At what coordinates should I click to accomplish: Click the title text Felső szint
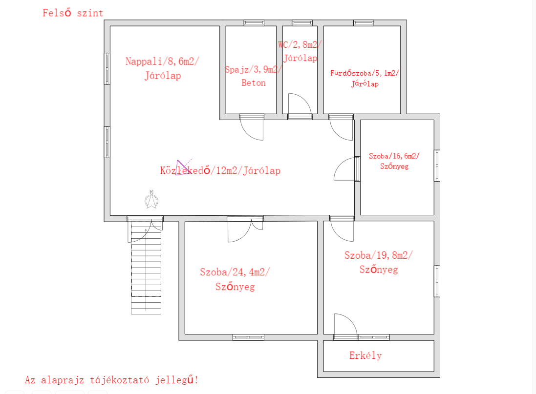(x=72, y=13)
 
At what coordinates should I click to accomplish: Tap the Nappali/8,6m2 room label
(x=162, y=62)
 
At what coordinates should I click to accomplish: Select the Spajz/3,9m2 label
(x=253, y=70)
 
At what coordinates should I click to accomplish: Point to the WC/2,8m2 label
(x=300, y=45)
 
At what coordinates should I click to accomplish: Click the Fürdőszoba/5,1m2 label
(x=364, y=73)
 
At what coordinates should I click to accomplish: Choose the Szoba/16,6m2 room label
(x=394, y=156)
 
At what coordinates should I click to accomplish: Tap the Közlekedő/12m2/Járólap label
(x=220, y=170)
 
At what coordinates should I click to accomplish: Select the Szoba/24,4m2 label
(x=235, y=272)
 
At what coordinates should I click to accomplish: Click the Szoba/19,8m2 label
(x=378, y=255)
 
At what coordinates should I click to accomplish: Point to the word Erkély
(x=365, y=355)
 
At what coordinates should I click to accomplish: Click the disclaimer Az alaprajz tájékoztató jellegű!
(x=111, y=380)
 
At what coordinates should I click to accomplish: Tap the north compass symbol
(x=151, y=199)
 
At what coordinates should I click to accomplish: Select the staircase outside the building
(x=146, y=268)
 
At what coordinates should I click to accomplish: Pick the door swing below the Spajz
(x=252, y=129)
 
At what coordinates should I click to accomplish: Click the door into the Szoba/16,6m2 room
(x=344, y=169)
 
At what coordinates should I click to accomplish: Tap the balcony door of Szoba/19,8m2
(x=345, y=325)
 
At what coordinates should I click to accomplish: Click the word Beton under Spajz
(x=253, y=83)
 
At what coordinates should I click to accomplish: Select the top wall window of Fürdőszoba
(x=364, y=23)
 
